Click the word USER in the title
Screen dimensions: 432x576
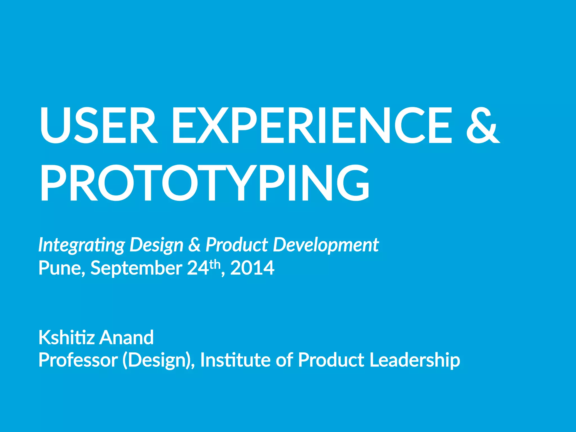tap(98, 125)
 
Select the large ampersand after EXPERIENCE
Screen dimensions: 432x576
tap(483, 125)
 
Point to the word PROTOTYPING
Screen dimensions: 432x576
tap(204, 183)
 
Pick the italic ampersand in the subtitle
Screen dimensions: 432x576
tap(194, 244)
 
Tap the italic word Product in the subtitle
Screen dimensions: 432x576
tap(237, 244)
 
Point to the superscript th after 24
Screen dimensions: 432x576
tap(215, 264)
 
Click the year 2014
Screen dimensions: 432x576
tap(252, 268)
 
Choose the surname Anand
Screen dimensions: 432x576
tap(127, 337)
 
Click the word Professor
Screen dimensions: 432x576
tap(78, 360)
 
